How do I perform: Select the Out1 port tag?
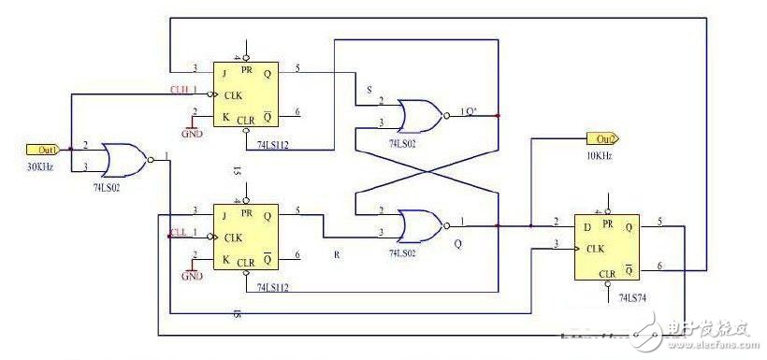coord(41,149)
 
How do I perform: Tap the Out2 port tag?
coord(601,138)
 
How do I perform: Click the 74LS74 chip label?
coord(638,296)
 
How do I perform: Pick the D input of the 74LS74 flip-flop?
coord(586,225)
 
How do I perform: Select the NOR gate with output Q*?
coord(417,114)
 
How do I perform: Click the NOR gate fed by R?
coord(417,225)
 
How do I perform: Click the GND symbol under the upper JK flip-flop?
coord(193,127)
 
